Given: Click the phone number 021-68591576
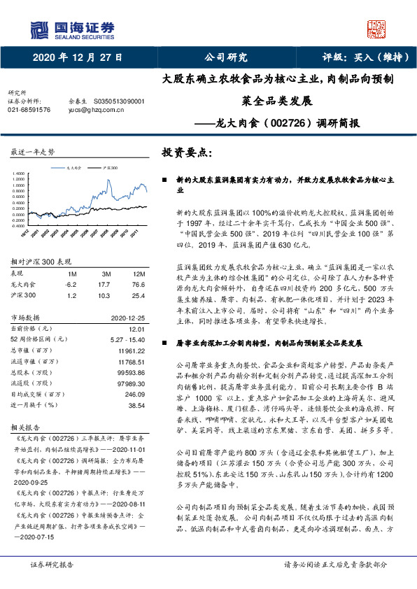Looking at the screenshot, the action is tap(29, 110).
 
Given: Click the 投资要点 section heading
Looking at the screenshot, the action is tap(187, 152).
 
